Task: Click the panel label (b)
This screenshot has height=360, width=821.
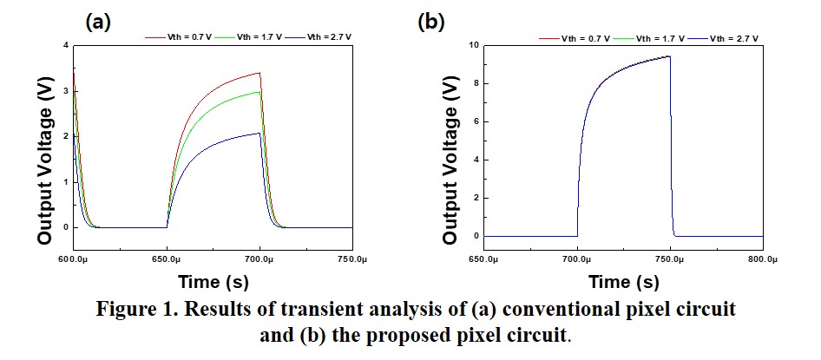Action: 431,23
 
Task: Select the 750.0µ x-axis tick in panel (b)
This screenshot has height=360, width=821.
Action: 670,259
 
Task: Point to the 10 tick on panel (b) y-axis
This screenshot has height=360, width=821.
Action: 473,45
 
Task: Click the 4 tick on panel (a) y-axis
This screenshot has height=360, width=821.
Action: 64,45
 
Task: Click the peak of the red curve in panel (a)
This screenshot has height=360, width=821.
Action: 259,73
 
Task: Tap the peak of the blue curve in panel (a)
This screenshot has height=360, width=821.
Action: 259,133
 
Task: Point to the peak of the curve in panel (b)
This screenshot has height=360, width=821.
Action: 669,56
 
